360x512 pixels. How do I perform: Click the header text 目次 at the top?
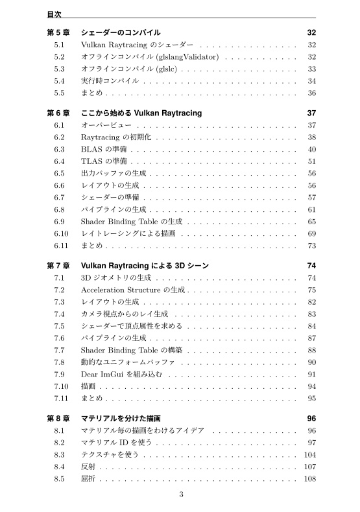point(54,12)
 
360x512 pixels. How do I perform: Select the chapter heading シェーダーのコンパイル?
point(121,32)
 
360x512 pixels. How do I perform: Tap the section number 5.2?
point(59,57)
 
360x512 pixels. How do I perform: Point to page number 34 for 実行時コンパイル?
point(311,81)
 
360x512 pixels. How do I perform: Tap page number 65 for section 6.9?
point(311,222)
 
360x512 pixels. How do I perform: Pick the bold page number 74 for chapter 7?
point(311,266)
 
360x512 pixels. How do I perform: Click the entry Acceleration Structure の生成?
point(133,290)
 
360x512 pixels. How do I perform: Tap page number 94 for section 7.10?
point(311,386)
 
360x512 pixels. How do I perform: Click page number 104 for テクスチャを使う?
point(309,455)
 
